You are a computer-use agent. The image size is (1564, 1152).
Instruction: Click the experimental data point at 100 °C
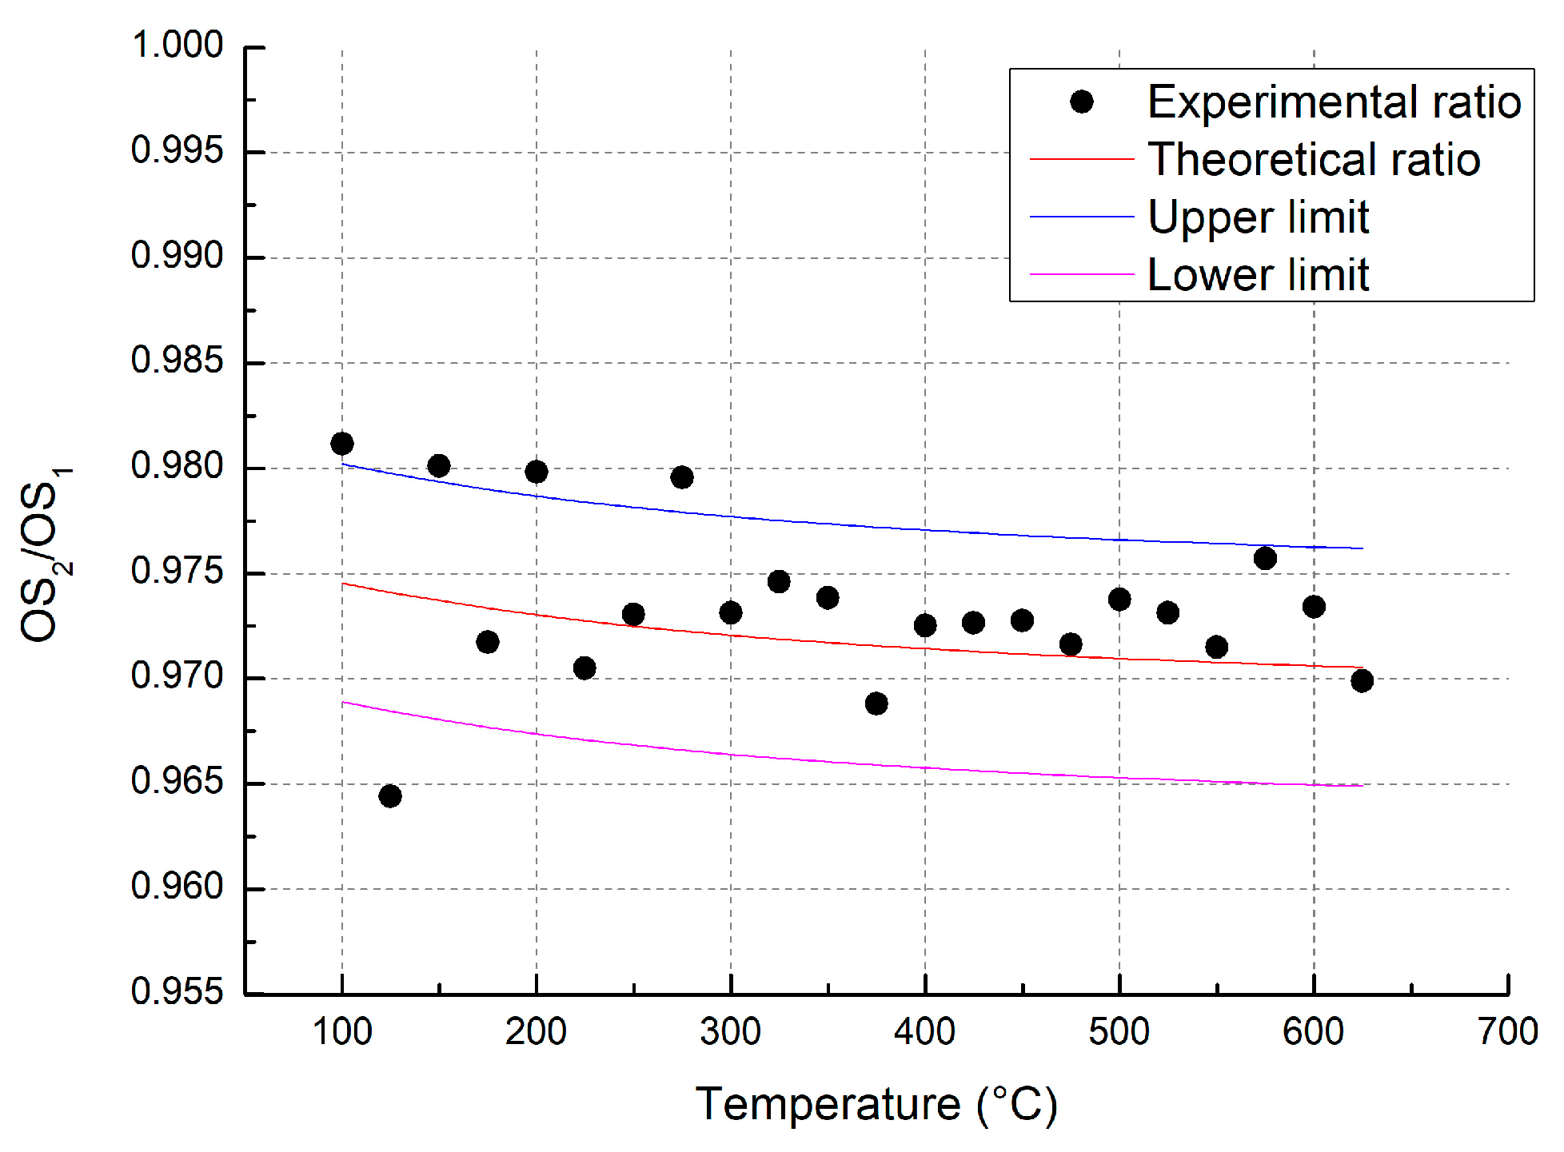click(342, 444)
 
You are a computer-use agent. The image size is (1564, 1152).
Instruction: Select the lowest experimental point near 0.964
click(390, 795)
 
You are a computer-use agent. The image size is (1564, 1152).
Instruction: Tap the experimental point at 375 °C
click(876, 704)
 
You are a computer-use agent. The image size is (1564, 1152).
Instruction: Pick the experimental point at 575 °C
click(1265, 558)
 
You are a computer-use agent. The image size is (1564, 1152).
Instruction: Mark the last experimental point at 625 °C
click(1363, 681)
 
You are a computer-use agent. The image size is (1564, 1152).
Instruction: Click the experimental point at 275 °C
click(682, 477)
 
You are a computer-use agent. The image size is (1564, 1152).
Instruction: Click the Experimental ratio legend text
click(1334, 102)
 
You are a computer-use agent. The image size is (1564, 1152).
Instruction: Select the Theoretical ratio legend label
click(1314, 159)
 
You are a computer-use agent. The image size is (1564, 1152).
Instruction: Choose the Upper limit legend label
click(1258, 217)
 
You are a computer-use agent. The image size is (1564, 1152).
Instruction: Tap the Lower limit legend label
click(1258, 274)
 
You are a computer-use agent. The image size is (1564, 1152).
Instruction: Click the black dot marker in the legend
click(1082, 102)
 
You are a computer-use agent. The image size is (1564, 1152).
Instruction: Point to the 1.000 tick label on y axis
click(177, 45)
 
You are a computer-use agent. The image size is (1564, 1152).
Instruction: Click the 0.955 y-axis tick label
click(177, 991)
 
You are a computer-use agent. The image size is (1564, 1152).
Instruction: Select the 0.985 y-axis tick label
click(177, 361)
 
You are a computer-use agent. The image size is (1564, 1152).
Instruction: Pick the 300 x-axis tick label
click(730, 1031)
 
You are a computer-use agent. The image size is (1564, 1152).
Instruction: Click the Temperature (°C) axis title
click(876, 1105)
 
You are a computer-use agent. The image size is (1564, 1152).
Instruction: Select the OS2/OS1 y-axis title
click(44, 554)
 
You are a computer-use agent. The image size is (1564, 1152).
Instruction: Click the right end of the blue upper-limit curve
click(1362, 548)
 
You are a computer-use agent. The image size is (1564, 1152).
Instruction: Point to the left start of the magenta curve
click(343, 702)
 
